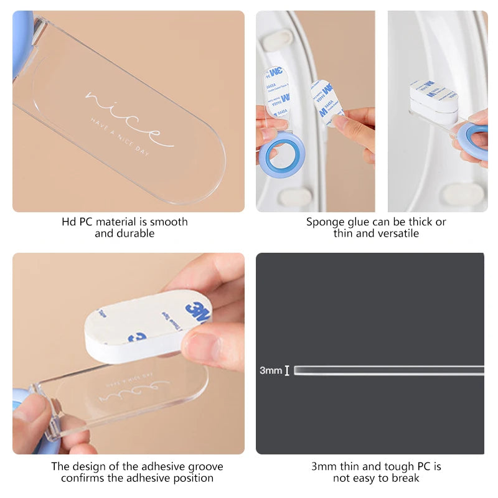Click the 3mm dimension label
[270, 370]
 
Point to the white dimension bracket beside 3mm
[287, 370]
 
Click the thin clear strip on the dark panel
[386, 370]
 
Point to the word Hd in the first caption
[68, 222]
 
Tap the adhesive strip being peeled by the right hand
[326, 100]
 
